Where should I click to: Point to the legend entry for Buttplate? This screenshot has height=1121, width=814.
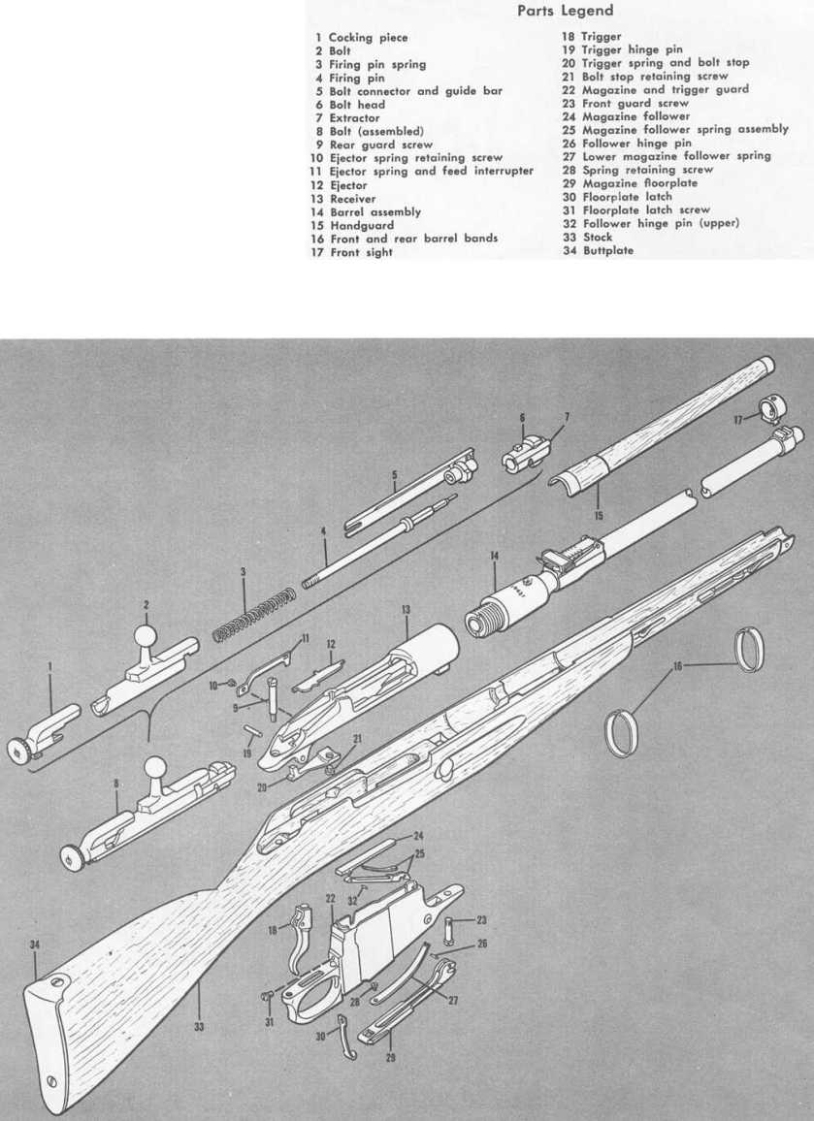pos(595,250)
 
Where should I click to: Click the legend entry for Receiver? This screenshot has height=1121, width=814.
pos(345,197)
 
